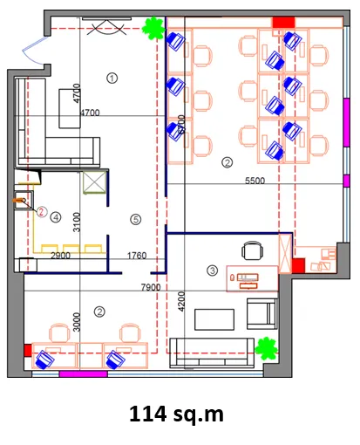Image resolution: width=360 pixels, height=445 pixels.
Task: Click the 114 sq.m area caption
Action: click(176, 414)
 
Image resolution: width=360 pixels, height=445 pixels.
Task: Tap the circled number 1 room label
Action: click(112, 79)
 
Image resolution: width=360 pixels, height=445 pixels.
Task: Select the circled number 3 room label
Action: click(213, 270)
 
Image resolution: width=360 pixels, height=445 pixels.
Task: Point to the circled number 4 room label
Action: click(56, 217)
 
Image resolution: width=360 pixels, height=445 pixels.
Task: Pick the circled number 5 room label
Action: click(136, 219)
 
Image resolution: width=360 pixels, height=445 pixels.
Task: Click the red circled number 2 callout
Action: click(42, 212)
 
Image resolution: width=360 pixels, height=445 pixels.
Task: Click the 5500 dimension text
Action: click(255, 181)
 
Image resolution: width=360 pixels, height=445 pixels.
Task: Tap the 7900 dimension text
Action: click(151, 287)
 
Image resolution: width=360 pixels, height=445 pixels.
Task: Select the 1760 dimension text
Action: click(137, 256)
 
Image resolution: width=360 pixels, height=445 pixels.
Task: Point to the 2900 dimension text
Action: click(60, 256)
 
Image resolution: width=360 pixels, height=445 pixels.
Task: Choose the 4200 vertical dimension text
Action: click(181, 302)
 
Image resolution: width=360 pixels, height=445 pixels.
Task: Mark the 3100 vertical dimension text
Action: click(77, 222)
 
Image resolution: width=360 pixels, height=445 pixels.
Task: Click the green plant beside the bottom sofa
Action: click(266, 348)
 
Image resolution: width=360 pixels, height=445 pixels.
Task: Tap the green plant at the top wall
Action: click(153, 28)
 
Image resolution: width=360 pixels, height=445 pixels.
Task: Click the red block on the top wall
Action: click(283, 23)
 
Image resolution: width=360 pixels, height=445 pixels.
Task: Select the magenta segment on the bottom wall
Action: click(84, 373)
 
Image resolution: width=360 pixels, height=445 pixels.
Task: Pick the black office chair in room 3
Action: click(253, 250)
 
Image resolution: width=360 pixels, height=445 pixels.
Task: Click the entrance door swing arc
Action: click(31, 49)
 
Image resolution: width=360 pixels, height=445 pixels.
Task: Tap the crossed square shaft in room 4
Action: click(94, 182)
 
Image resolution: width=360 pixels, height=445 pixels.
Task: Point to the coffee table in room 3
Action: click(214, 319)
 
